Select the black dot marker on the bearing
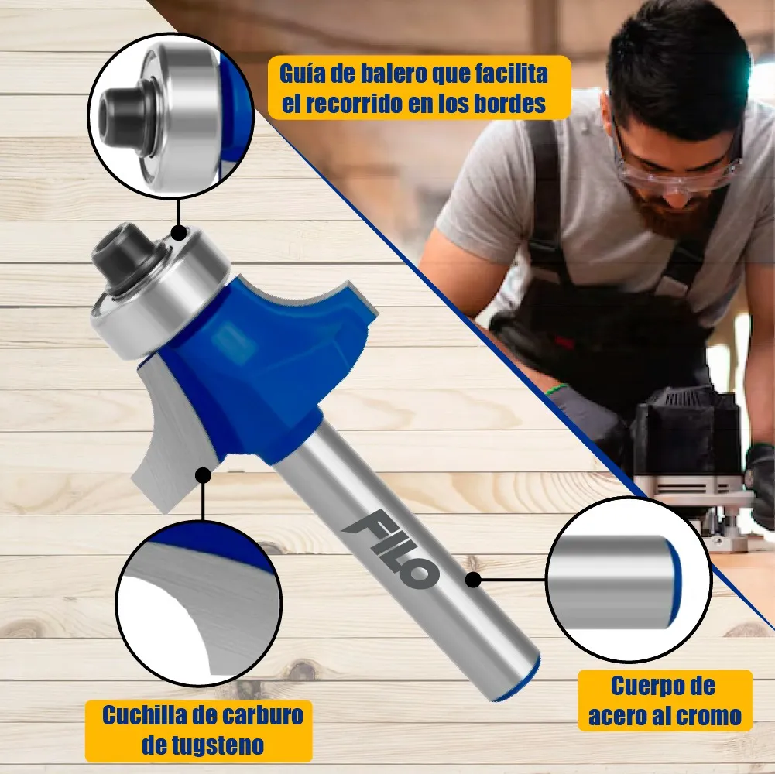[x=178, y=231]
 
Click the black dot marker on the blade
[x=203, y=474]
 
